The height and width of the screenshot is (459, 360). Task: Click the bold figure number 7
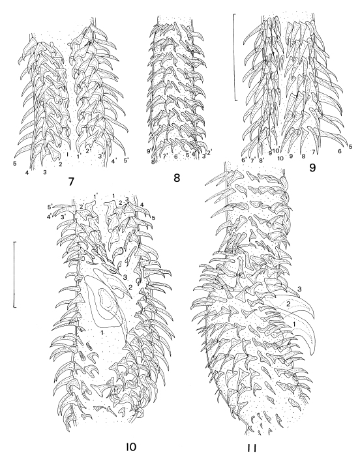71,182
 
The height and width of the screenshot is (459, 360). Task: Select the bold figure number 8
176,178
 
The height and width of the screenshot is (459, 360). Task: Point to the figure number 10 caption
130,447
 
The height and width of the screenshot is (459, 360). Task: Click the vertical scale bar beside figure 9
235,57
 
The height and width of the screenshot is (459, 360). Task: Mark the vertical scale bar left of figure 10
14,274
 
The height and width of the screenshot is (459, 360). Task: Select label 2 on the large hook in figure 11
288,304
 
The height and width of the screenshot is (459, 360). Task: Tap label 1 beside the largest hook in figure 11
294,323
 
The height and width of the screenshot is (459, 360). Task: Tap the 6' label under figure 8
176,156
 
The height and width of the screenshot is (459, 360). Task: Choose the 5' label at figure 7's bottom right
126,160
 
